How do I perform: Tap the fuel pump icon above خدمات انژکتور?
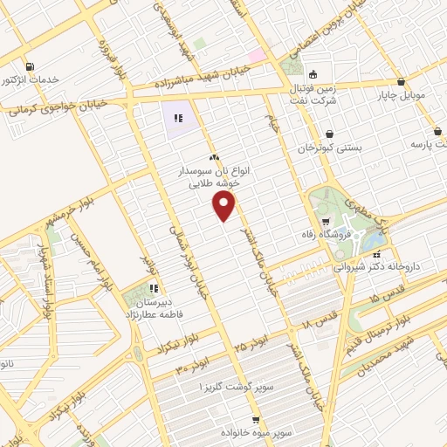coord(31,66)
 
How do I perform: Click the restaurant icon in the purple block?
coord(177,117)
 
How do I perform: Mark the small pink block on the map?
coord(255,56)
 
